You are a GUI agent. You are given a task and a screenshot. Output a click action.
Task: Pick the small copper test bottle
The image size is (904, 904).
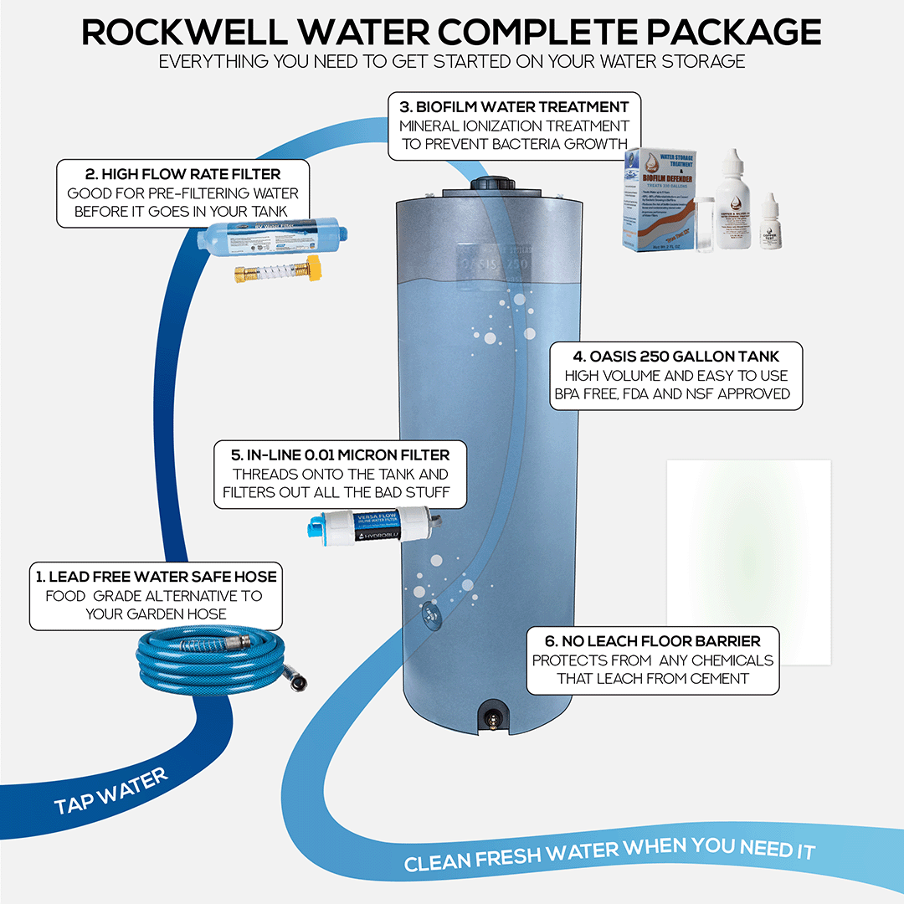768,223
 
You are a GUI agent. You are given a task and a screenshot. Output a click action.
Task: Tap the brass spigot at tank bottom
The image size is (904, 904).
491,719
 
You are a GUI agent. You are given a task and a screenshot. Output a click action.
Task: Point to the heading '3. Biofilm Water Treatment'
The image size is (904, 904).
514,106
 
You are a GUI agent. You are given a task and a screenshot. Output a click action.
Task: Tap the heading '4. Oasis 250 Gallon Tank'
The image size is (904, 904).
676,357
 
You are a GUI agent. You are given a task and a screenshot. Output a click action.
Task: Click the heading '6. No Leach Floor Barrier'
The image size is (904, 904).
653,641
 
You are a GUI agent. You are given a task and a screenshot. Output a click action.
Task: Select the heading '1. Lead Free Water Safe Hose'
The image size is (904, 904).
157,576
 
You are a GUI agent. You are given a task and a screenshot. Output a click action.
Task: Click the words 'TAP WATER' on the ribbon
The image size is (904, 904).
111,792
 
